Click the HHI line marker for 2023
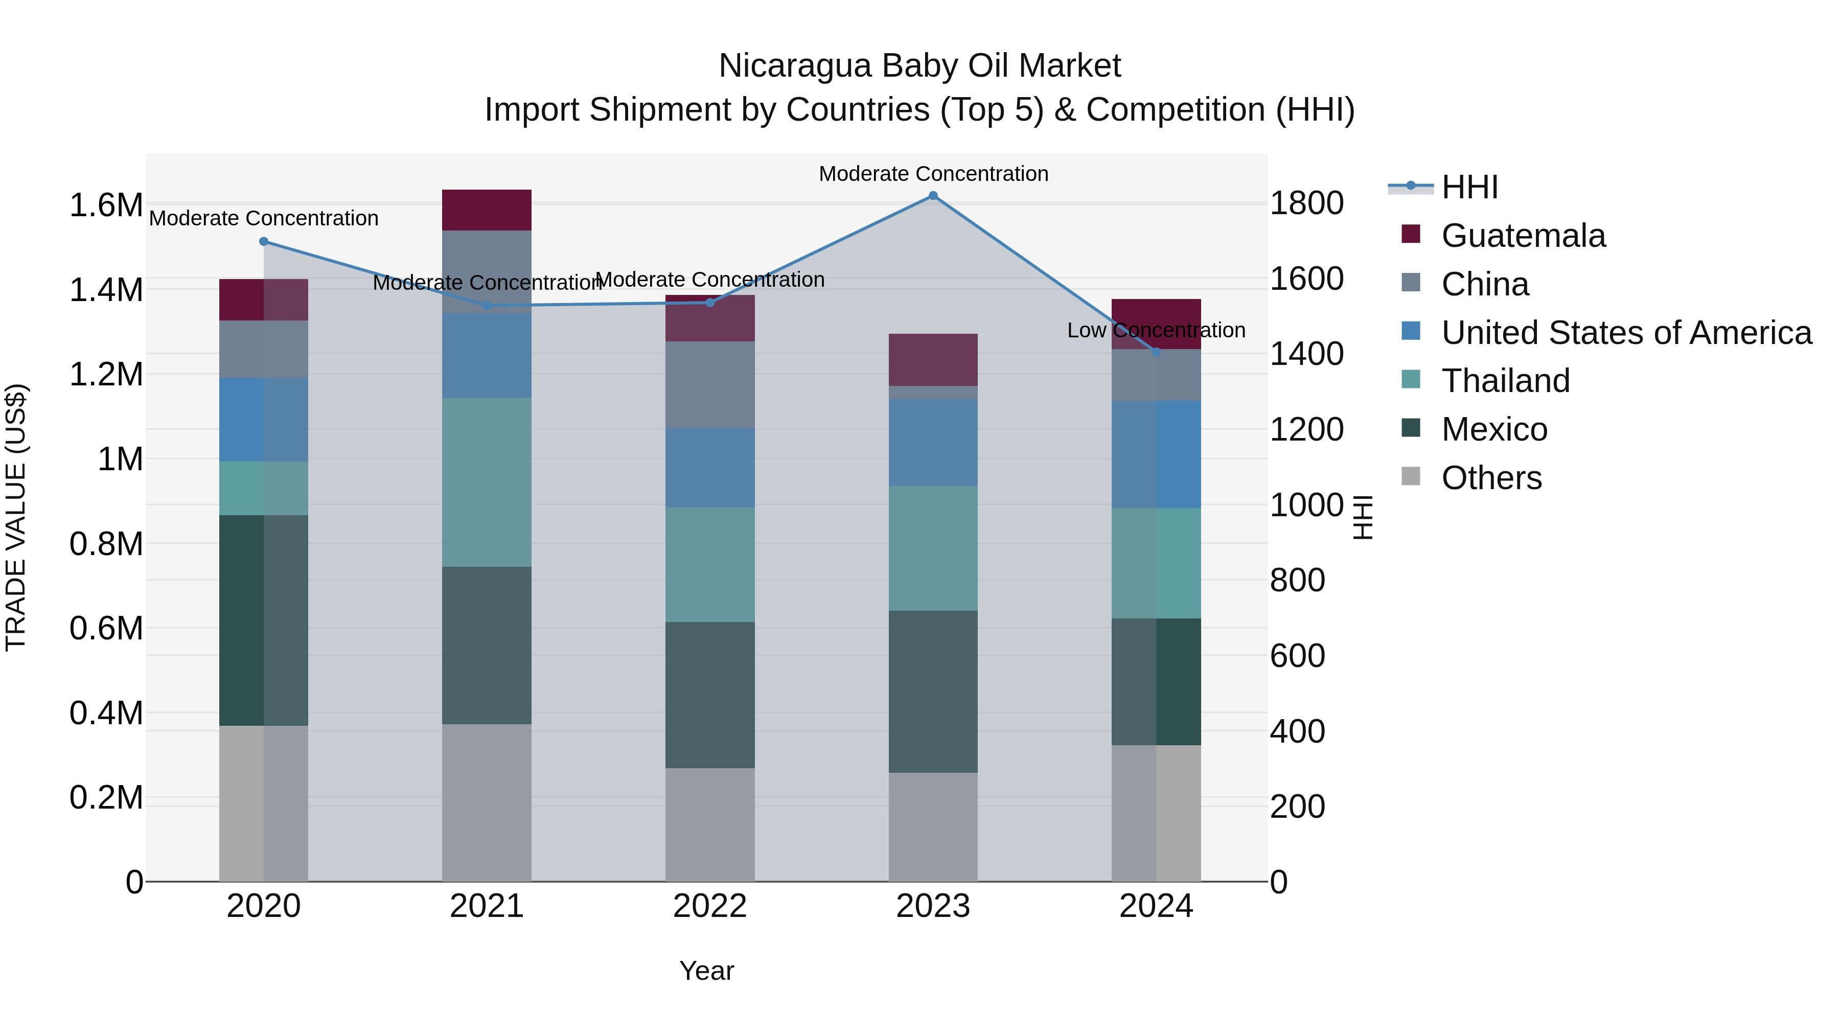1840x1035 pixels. (933, 196)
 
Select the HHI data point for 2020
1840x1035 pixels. (264, 241)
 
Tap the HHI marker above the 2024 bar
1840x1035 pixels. (1157, 352)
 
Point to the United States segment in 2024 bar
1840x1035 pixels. (1157, 454)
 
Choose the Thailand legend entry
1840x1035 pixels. (1505, 381)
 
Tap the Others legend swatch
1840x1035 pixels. (1411, 476)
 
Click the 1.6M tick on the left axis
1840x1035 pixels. (106, 205)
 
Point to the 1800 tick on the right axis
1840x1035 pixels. (1306, 203)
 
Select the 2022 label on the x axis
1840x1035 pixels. (710, 906)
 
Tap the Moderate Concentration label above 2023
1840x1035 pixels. (933, 174)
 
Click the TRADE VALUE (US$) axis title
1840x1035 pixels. (16, 517)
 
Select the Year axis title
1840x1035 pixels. (706, 971)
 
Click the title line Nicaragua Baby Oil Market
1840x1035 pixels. (919, 66)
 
